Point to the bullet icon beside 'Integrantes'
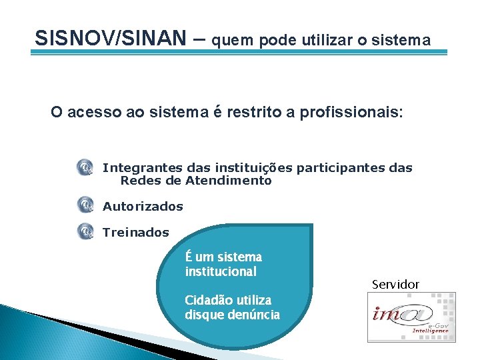[85, 168]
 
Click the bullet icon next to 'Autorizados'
[85, 205]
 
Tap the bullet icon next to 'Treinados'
[85, 231]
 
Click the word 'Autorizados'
[143, 207]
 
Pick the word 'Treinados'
[136, 233]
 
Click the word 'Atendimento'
[229, 181]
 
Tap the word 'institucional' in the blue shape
[221, 271]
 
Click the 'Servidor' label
[395, 285]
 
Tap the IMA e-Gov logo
[411, 317]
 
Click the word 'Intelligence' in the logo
[431, 331]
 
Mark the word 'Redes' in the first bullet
[137, 181]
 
